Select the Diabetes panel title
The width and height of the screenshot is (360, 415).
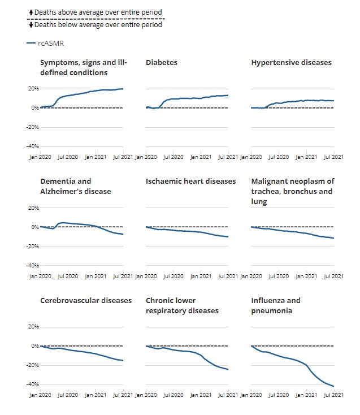tap(162, 63)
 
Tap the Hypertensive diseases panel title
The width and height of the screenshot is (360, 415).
tap(291, 63)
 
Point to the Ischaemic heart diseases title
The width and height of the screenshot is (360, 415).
tap(190, 181)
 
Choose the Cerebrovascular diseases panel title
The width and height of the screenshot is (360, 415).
tap(86, 301)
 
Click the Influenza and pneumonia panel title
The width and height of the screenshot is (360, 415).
tap(276, 305)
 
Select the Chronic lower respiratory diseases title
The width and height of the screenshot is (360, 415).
tap(182, 305)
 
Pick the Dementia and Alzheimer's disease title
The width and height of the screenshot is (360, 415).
tap(76, 186)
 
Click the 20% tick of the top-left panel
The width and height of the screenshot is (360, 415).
tap(32, 89)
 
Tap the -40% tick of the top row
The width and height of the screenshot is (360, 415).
tap(31, 146)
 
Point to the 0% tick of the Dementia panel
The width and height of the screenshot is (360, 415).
tap(33, 227)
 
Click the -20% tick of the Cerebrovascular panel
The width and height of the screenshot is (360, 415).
tap(31, 365)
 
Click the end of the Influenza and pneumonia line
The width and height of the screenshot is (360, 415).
tap(334, 386)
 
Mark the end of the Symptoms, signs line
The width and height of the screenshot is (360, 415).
tap(123, 89)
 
